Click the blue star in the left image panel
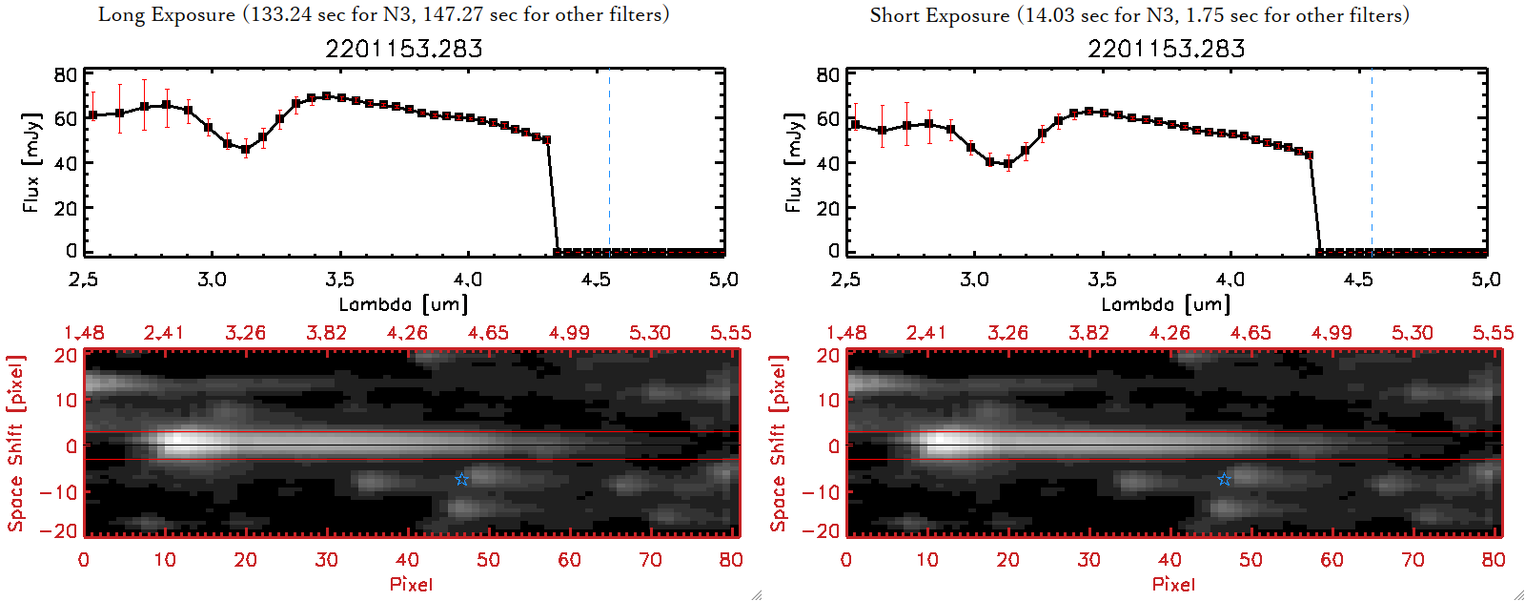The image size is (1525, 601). click(461, 479)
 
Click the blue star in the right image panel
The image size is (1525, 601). click(1224, 479)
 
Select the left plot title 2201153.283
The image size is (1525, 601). click(404, 49)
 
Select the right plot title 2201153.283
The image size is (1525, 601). click(1167, 49)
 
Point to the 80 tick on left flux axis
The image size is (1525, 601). click(66, 74)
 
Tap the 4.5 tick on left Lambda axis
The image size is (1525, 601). click(596, 280)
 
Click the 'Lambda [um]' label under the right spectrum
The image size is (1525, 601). click(1166, 304)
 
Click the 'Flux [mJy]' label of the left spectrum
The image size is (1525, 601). click(31, 162)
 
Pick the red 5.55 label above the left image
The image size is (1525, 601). click(730, 333)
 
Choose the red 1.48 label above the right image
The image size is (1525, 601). click(846, 333)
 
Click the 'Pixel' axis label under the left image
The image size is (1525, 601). click(411, 584)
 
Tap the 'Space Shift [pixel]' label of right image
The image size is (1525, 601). click(779, 444)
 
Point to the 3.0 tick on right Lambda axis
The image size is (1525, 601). click(974, 280)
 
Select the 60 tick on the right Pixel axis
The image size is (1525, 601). click(1332, 560)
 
